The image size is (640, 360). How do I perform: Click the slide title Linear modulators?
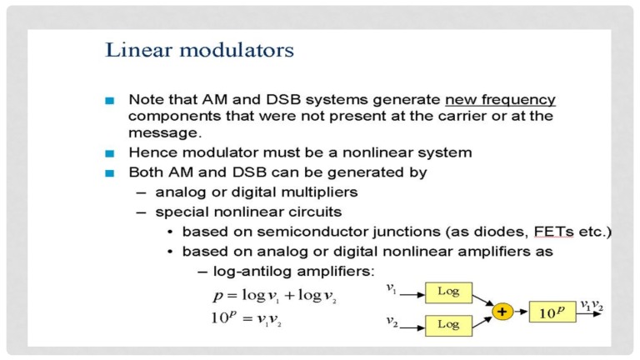point(199,51)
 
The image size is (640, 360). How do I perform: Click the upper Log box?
point(447,292)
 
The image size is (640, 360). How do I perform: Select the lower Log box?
point(447,326)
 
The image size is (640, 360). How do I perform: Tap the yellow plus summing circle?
point(502,312)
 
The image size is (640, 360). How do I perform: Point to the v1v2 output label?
point(592,306)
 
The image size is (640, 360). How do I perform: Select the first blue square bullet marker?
point(109,100)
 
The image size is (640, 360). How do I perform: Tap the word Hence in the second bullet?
point(152,153)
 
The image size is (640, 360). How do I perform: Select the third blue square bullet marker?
point(109,173)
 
